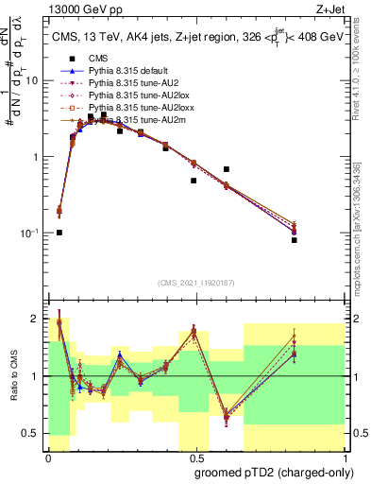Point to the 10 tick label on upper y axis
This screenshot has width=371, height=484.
tap(35, 81)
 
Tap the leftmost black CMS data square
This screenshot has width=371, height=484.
tap(59, 232)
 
